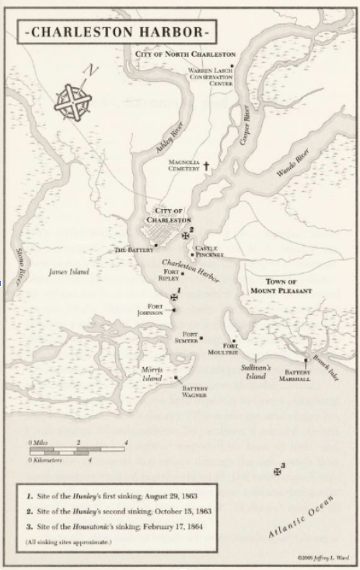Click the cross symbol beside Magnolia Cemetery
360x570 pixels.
(x=208, y=166)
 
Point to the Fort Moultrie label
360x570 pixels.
(x=230, y=348)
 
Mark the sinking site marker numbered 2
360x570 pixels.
(x=185, y=235)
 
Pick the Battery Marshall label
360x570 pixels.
(x=297, y=376)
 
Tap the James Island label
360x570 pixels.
(x=68, y=272)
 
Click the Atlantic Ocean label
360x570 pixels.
(x=300, y=519)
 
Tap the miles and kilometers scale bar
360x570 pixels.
(x=78, y=450)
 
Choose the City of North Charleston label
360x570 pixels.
(x=185, y=54)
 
